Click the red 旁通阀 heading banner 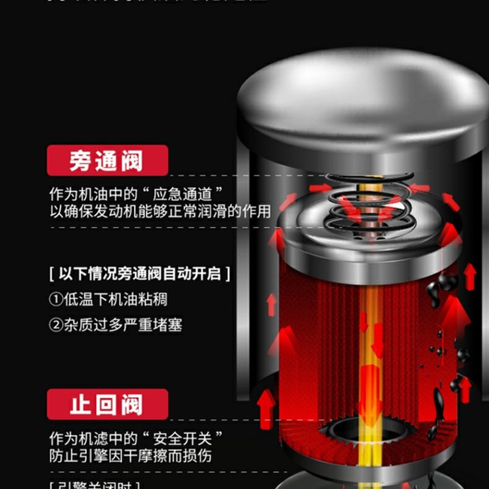click(107, 160)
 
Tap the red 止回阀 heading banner click(107, 404)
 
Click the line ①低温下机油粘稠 click(108, 300)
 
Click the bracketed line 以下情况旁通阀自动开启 click(140, 273)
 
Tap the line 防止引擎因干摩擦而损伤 click(131, 456)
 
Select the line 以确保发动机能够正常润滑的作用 click(160, 212)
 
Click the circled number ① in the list click(56, 300)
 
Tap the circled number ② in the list click(56, 325)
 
